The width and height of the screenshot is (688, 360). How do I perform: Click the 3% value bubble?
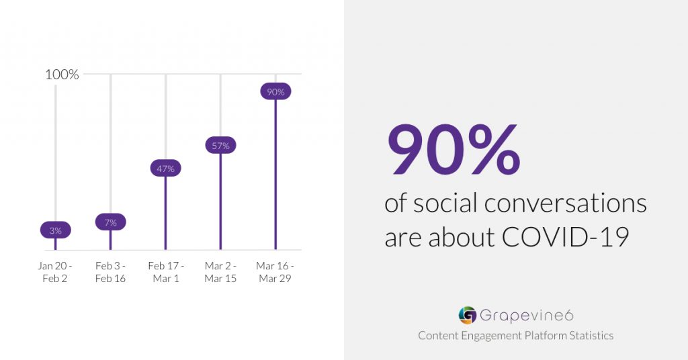tap(55, 230)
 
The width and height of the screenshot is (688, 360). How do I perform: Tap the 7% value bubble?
tap(111, 222)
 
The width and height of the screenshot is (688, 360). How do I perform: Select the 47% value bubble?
tap(165, 169)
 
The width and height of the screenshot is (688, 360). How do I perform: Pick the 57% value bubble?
tap(220, 146)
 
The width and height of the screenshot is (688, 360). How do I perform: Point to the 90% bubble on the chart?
tap(275, 91)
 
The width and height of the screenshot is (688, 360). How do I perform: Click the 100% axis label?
tap(62, 75)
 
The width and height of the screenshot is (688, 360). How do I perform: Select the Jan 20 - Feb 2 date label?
tap(55, 272)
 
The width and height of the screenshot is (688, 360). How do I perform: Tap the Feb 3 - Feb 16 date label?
tap(111, 272)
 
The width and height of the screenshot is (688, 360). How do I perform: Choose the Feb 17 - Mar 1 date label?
tap(166, 272)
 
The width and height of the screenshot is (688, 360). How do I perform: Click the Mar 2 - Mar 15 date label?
tap(220, 272)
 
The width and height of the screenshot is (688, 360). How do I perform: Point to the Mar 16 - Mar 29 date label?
tap(275, 272)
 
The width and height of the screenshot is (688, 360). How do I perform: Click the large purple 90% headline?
tap(454, 149)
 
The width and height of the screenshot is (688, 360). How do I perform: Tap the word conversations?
tap(566, 204)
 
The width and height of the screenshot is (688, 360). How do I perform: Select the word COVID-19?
tap(566, 237)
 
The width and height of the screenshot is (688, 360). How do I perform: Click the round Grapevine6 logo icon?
tap(468, 315)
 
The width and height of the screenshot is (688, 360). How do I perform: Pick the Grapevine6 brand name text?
tap(527, 315)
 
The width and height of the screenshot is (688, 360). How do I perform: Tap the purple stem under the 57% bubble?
tap(220, 201)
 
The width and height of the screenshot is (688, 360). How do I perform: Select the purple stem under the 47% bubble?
tap(165, 214)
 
